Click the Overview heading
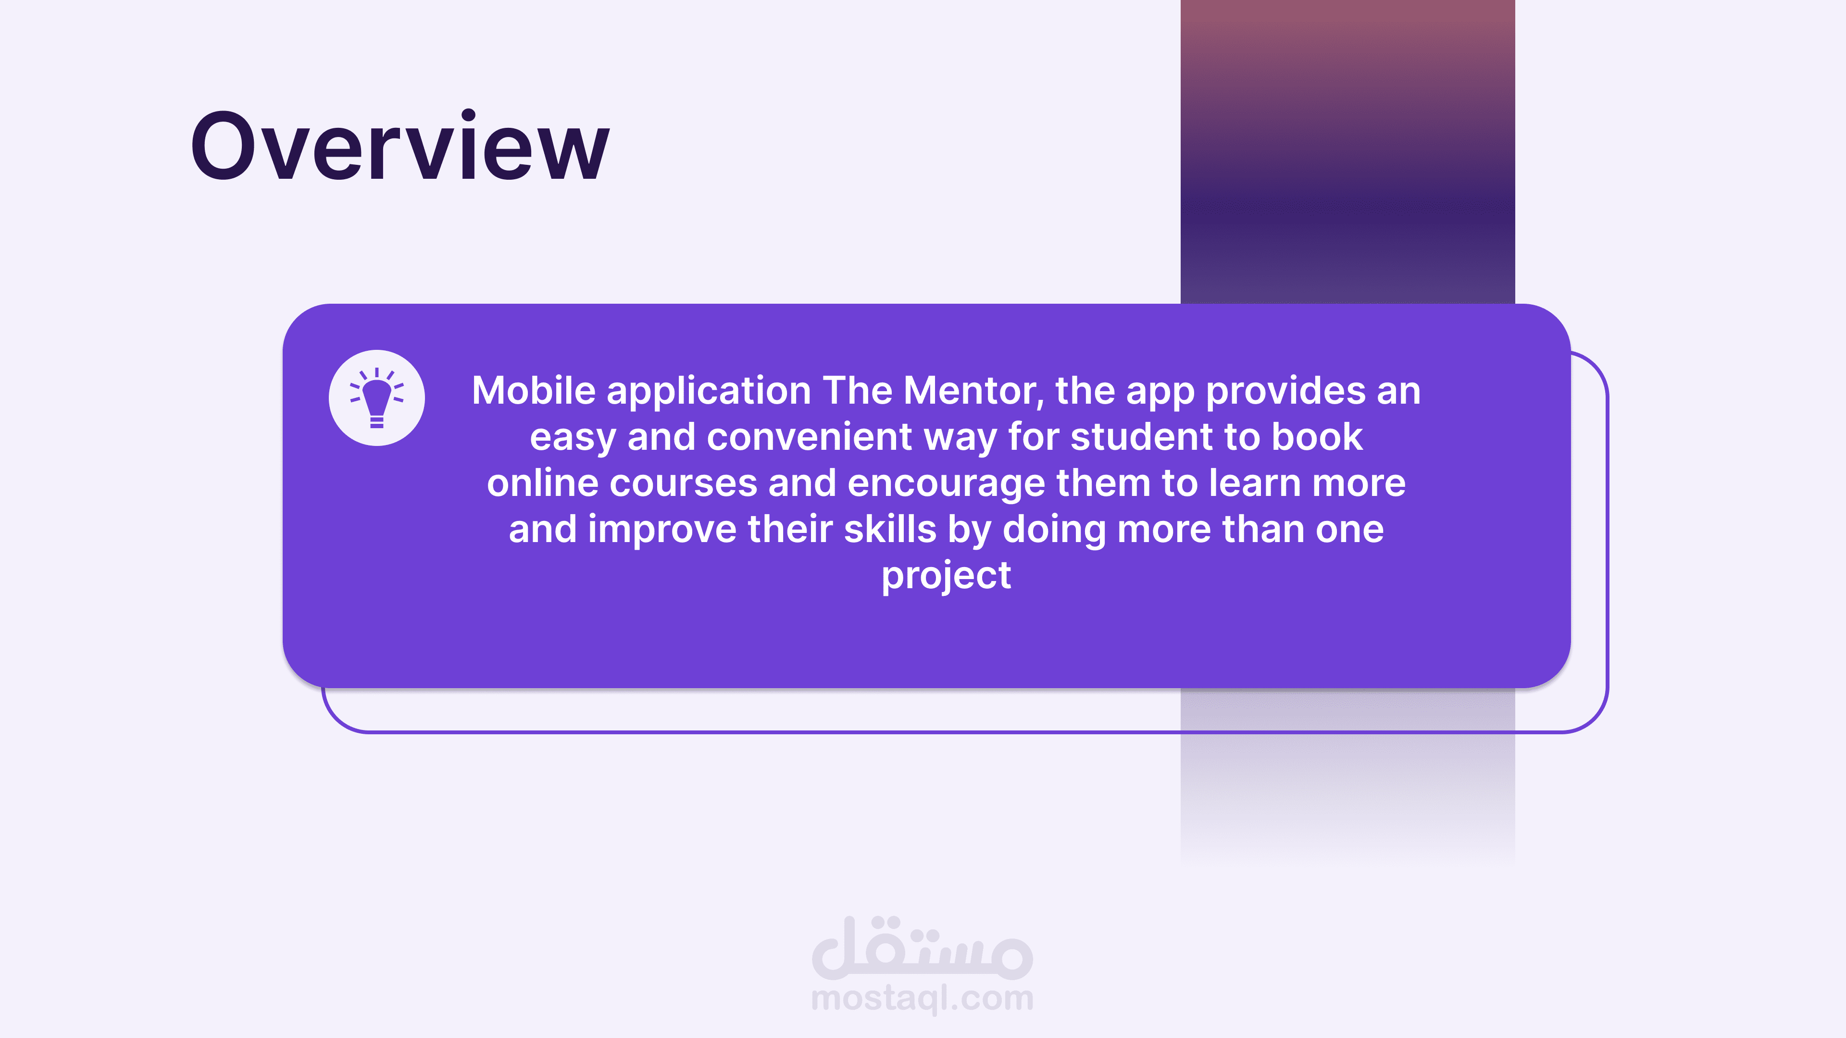coord(400,146)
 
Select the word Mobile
coord(534,391)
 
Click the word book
coord(1317,437)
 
